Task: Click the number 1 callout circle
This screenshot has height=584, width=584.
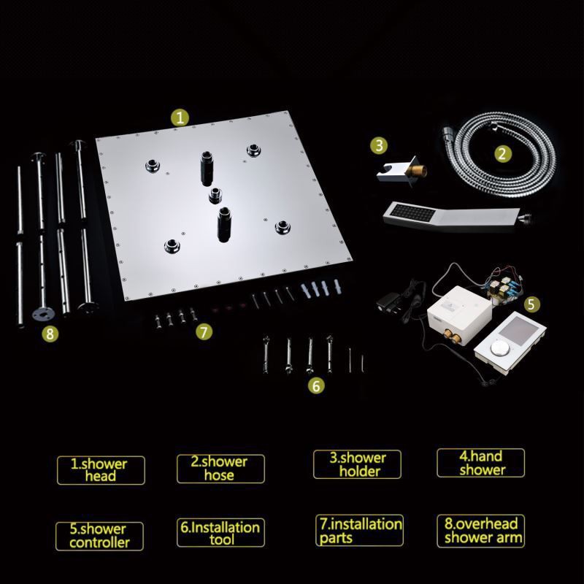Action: [180, 118]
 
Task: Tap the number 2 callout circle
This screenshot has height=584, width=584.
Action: [502, 153]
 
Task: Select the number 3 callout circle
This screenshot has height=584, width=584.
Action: [379, 145]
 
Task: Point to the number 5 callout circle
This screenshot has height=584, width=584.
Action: [531, 304]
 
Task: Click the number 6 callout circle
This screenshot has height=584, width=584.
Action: [316, 385]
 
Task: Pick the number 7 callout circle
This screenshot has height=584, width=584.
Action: [204, 331]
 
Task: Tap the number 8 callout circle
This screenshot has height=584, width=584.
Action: [50, 334]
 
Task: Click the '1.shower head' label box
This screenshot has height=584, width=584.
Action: [101, 470]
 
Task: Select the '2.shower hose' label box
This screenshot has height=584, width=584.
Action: [220, 469]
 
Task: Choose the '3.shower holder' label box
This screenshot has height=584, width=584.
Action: [357, 464]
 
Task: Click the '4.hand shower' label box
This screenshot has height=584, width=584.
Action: [481, 463]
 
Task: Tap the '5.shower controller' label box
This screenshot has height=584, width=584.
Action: [99, 537]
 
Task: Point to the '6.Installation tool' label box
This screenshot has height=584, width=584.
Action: [220, 533]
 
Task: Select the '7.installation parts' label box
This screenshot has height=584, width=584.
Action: [359, 531]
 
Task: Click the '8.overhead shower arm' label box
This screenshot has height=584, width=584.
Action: [481, 531]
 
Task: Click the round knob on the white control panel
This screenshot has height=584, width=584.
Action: [499, 348]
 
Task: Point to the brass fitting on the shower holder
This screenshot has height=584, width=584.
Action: [416, 172]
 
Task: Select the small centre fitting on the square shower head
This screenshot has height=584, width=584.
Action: [215, 195]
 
